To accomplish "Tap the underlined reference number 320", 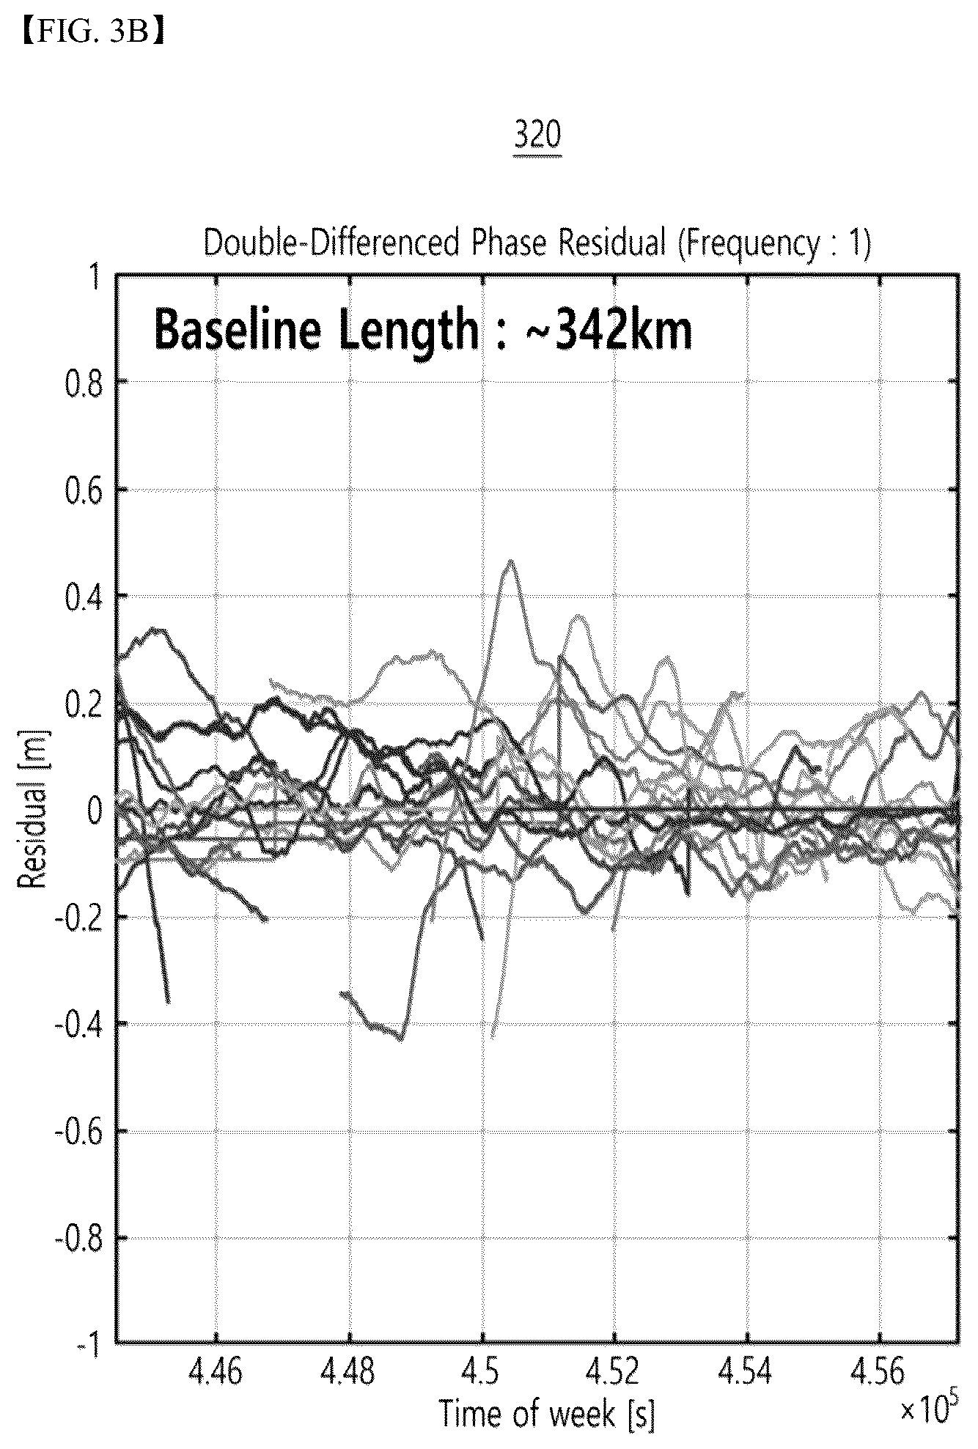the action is click(538, 137).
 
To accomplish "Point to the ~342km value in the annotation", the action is click(609, 331).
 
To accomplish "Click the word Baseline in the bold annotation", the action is click(237, 331).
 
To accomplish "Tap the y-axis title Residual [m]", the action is click(32, 809).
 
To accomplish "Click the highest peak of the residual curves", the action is click(511, 561).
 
